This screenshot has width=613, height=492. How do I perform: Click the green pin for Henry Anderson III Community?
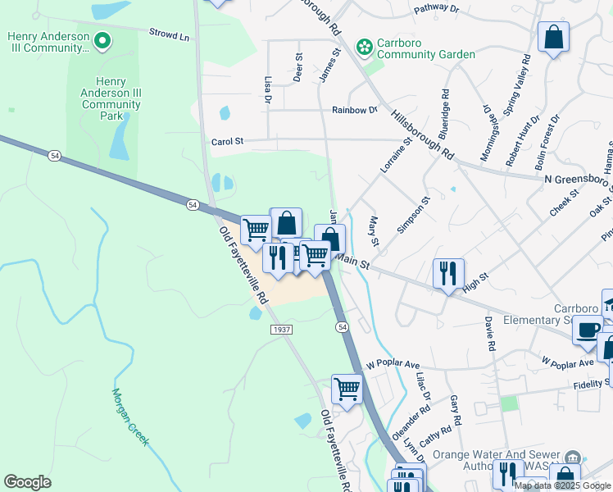(102, 39)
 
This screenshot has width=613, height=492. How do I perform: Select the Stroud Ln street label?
(169, 35)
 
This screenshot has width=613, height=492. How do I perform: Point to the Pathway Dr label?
(437, 8)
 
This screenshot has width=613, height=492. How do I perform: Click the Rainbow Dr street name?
(354, 110)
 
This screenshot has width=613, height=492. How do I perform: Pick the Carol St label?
(228, 141)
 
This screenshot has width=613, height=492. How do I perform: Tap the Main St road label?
(353, 262)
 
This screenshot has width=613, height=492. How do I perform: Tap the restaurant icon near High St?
(448, 273)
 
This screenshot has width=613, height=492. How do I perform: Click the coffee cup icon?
(587, 330)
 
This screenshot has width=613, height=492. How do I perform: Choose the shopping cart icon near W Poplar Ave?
(347, 388)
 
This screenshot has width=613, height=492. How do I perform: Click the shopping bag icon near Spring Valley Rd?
(553, 38)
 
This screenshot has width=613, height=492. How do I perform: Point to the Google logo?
(27, 482)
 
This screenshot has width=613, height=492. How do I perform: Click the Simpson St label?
(414, 215)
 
